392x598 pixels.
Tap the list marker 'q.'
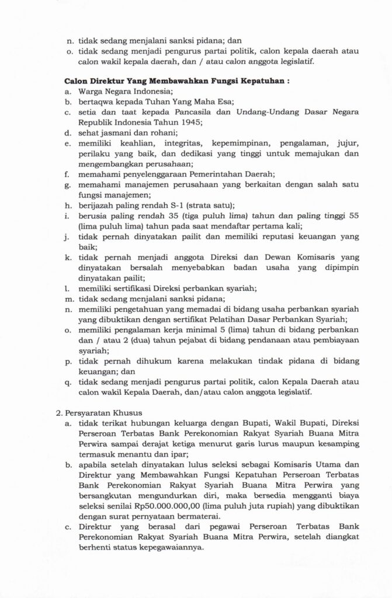point(68,381)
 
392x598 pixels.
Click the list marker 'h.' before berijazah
point(68,203)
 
